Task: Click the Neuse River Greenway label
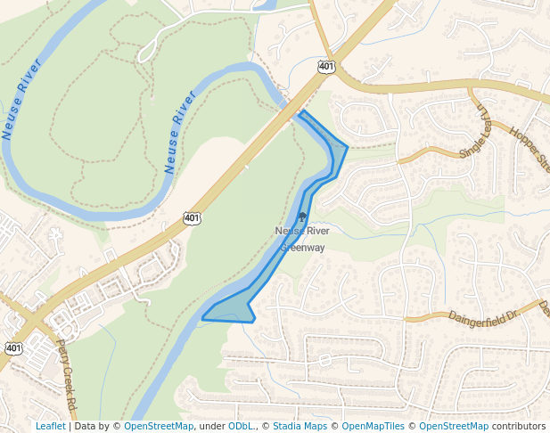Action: tap(302, 239)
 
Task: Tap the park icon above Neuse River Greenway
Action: tap(302, 216)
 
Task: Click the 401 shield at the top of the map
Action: tap(326, 67)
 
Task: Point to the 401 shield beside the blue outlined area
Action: tap(192, 217)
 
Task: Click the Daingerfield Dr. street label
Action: tap(482, 315)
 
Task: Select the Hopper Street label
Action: tap(529, 148)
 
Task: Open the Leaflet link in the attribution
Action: tap(50, 426)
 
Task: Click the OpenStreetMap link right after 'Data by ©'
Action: tap(159, 426)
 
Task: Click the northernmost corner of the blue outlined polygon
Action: tap(301, 111)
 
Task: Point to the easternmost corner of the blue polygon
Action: tap(347, 148)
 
